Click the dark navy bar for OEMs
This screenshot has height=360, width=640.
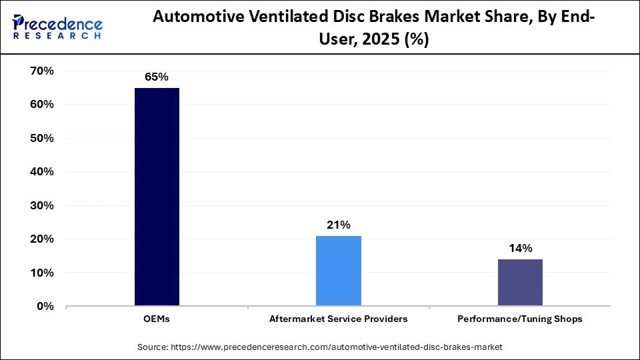[157, 197]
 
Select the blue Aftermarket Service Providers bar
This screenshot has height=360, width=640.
[338, 271]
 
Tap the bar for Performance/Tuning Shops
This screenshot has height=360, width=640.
[520, 283]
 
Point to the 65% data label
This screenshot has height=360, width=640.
[157, 77]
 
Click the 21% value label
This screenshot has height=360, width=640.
[338, 225]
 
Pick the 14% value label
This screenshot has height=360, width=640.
[520, 249]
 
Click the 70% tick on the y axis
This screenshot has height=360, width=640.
[41, 71]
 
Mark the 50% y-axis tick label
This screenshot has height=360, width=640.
[41, 138]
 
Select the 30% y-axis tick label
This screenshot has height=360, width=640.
[41, 205]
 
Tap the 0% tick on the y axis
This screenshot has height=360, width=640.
[45, 306]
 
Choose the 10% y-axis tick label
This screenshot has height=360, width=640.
[41, 273]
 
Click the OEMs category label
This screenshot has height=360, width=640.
[157, 319]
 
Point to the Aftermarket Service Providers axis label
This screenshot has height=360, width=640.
[338, 319]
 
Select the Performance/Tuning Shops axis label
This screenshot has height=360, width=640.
[520, 319]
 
